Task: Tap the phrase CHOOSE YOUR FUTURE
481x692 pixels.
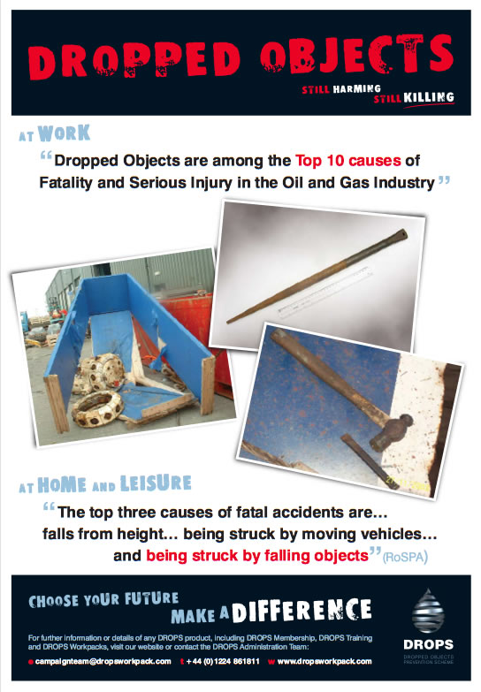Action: click(103, 601)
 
